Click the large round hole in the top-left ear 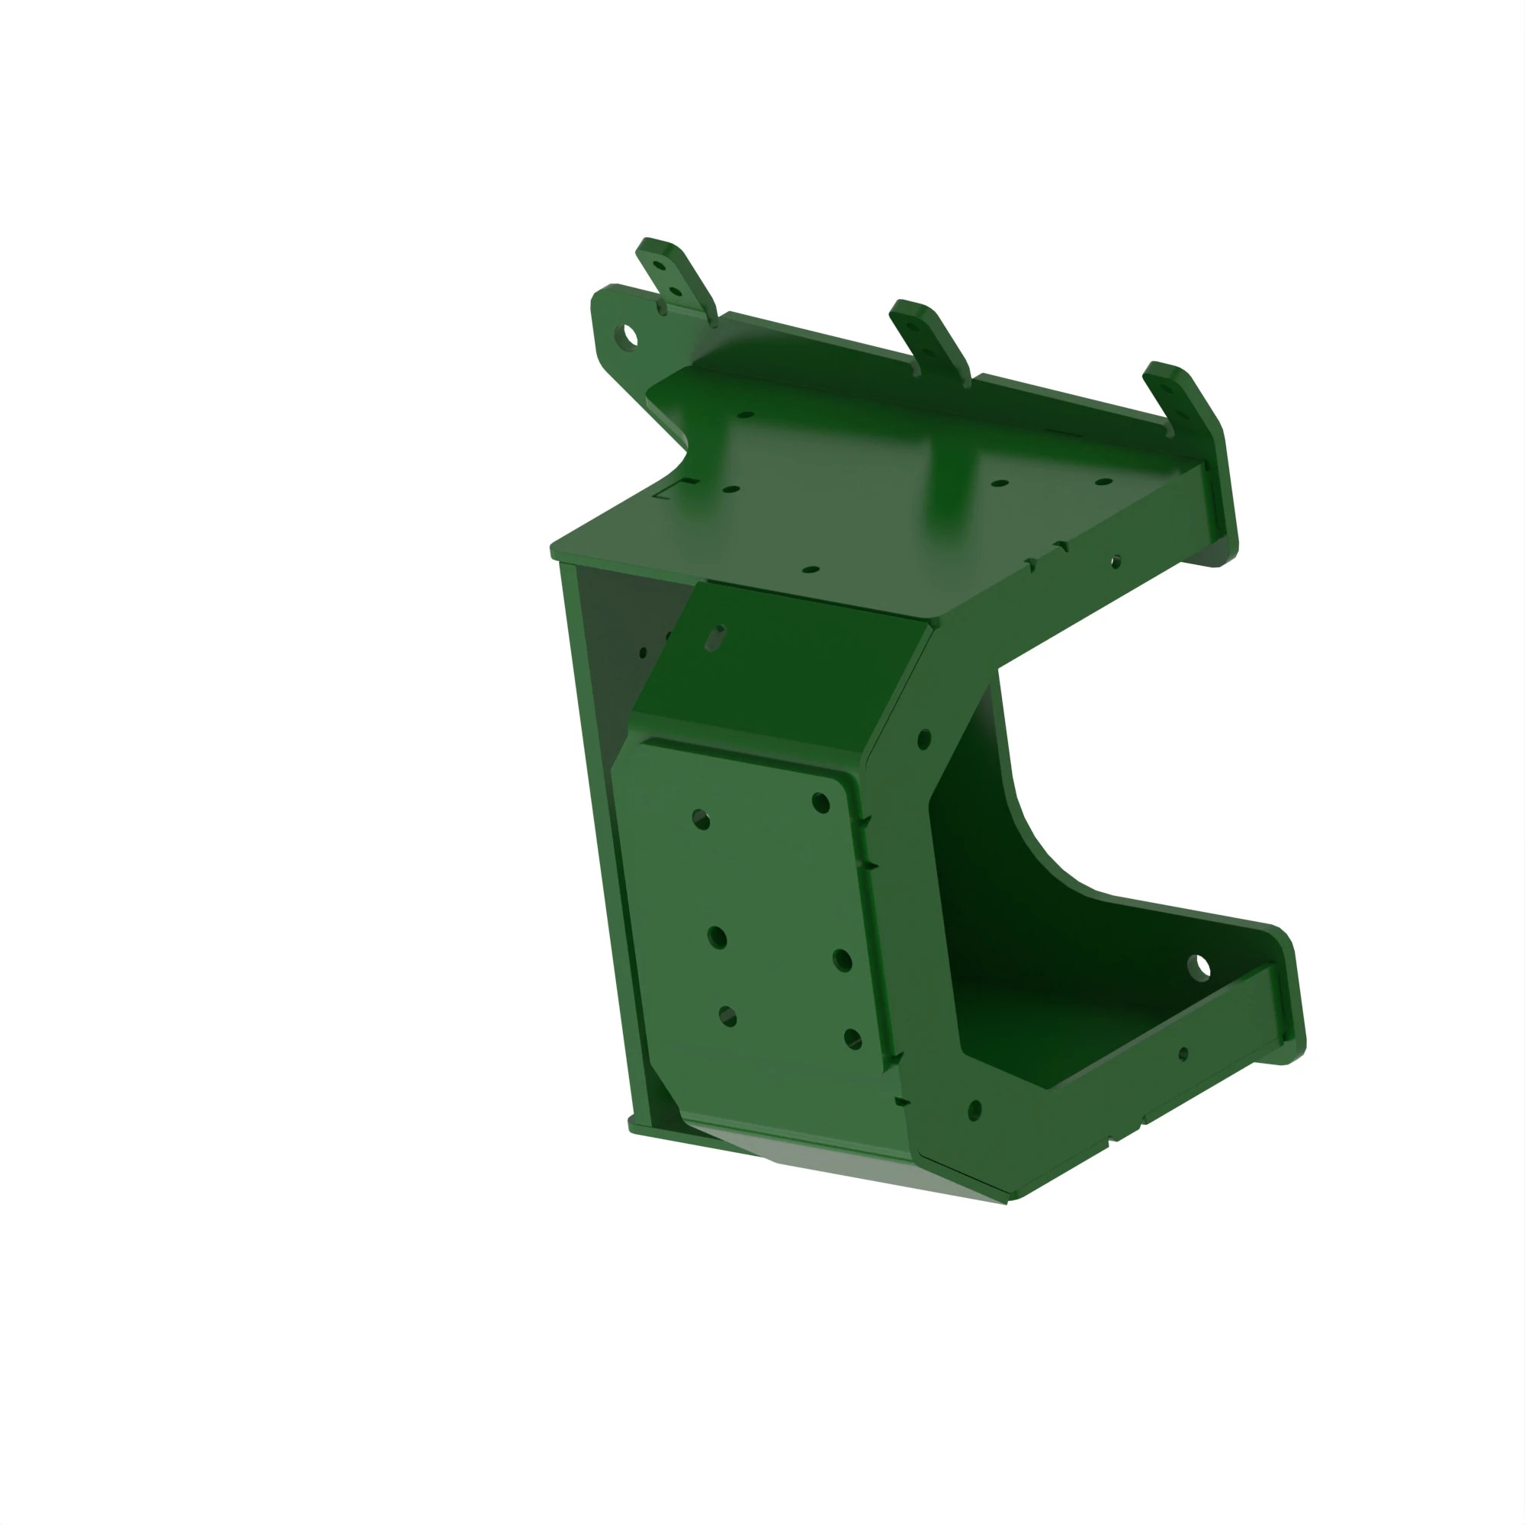pyautogui.click(x=629, y=335)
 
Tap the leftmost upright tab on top pyautogui.click(x=675, y=278)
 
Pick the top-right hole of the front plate pyautogui.click(x=821, y=803)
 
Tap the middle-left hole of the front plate pyautogui.click(x=717, y=938)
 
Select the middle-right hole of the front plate pyautogui.click(x=843, y=961)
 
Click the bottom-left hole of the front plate pyautogui.click(x=727, y=1016)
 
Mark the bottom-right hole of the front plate pyautogui.click(x=852, y=1038)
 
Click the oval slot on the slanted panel pyautogui.click(x=715, y=637)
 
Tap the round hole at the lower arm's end pyautogui.click(x=1199, y=967)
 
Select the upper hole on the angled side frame pyautogui.click(x=924, y=740)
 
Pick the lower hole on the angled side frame pyautogui.click(x=974, y=1109)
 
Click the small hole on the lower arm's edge pyautogui.click(x=1183, y=1054)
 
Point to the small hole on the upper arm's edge pyautogui.click(x=1116, y=561)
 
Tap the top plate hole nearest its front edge pyautogui.click(x=811, y=568)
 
